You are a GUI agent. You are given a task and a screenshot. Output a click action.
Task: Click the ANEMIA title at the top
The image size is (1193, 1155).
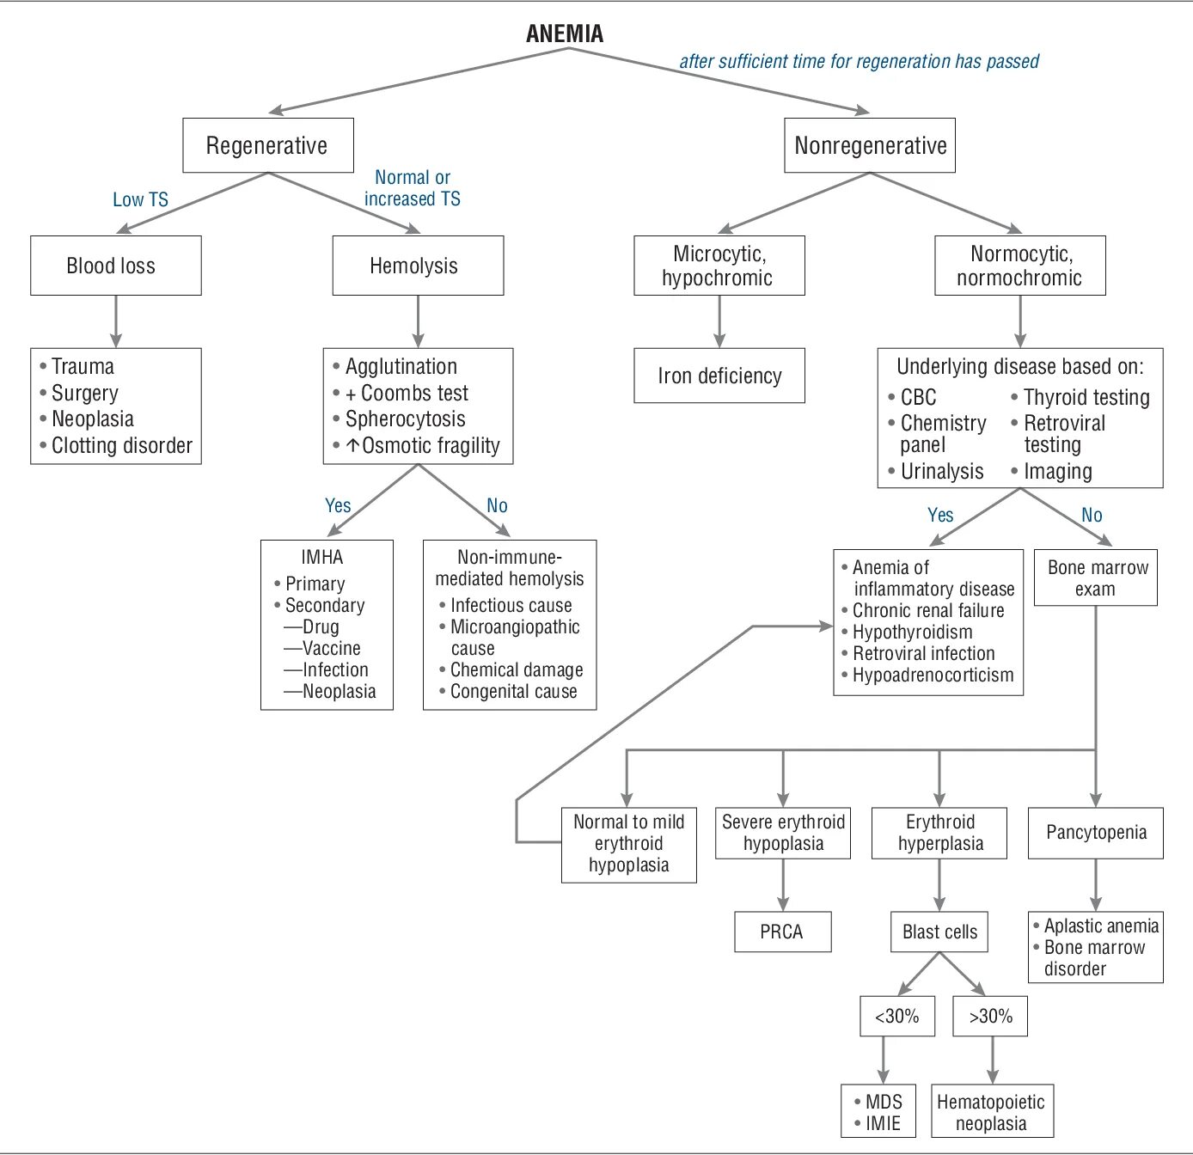(565, 34)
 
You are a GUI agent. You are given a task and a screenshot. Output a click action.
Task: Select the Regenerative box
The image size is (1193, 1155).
(267, 145)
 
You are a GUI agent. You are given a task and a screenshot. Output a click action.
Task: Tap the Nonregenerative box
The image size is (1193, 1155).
(870, 145)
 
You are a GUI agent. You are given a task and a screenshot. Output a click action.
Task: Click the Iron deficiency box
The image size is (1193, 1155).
(719, 376)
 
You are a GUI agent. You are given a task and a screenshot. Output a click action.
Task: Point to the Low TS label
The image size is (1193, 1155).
(140, 199)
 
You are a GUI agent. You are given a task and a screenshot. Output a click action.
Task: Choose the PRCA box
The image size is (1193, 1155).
(782, 932)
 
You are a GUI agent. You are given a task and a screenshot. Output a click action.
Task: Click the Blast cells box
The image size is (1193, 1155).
(939, 932)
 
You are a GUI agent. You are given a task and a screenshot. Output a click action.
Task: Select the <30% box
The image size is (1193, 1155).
(897, 1016)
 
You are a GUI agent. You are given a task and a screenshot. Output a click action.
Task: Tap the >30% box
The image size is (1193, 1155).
(990, 1016)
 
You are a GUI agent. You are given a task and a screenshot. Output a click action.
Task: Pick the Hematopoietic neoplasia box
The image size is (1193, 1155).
(991, 1112)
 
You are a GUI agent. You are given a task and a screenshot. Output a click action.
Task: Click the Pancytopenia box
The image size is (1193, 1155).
(1096, 832)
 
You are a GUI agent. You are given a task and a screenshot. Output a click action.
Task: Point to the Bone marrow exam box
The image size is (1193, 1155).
(1096, 577)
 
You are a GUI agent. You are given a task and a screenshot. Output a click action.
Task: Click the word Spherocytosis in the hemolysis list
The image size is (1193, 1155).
(405, 419)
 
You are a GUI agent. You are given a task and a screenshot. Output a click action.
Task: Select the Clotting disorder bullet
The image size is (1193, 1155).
(121, 445)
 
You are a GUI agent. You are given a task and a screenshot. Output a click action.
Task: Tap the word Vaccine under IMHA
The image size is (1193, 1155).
(332, 648)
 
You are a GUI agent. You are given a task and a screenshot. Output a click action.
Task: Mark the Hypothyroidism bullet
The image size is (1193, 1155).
(912, 632)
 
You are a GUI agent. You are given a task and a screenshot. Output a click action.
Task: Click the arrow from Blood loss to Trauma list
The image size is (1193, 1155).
(116, 321)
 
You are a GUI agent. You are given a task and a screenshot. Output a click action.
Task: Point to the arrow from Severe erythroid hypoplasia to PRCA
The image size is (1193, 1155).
(783, 884)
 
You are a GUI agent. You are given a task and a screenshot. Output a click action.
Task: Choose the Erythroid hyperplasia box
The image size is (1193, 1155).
(939, 832)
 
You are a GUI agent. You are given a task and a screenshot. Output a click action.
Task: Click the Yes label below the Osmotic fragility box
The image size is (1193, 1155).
(338, 505)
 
